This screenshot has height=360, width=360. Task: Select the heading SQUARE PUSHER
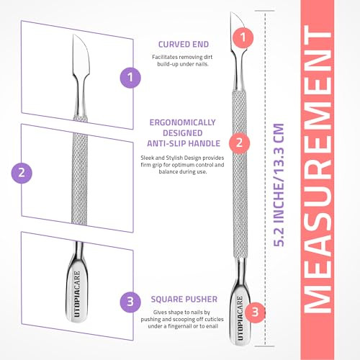(180, 295)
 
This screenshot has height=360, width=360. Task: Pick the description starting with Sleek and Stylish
(180, 164)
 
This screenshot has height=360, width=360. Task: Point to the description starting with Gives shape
(180, 318)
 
